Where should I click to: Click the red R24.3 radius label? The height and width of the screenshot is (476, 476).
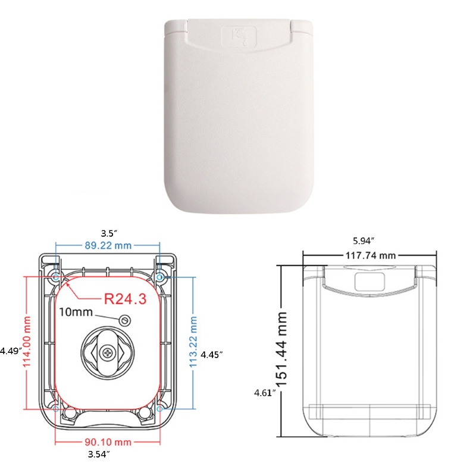click(x=125, y=299)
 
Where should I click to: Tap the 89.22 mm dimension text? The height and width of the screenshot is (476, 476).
click(x=108, y=245)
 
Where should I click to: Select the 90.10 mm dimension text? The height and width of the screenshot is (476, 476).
click(x=108, y=442)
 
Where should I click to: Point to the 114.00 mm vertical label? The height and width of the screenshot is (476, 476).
click(x=27, y=341)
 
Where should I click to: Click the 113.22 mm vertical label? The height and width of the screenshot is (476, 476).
click(x=193, y=342)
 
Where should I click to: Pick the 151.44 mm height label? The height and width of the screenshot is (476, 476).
click(x=281, y=349)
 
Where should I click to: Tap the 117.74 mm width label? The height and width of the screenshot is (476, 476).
click(x=371, y=256)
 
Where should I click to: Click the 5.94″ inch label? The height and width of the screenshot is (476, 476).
click(x=364, y=241)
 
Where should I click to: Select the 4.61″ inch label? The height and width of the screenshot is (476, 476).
click(x=265, y=393)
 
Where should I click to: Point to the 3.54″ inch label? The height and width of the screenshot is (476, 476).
click(x=99, y=455)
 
